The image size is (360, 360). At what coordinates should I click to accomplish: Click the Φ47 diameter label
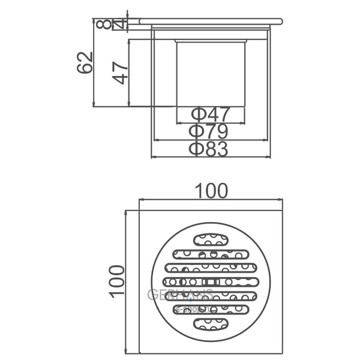210,114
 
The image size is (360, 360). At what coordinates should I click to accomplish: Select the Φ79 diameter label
210,131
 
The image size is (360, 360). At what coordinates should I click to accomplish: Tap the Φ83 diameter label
210,149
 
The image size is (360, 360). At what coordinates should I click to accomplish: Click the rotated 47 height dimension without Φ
121,73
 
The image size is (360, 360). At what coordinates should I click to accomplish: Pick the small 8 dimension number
106,25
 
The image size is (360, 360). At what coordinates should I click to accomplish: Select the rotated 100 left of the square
117,280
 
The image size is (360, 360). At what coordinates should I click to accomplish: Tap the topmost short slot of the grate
211,239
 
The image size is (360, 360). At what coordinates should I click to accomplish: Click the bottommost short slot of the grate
211,325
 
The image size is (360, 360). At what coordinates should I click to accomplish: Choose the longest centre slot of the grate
211,281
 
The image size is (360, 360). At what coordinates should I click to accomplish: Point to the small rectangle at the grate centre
211,281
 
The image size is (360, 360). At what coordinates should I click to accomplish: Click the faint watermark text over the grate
180,295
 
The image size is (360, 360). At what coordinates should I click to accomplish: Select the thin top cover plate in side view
210,22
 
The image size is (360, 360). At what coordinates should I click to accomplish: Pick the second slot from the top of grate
211,253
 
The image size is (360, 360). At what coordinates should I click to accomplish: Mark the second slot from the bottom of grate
211,310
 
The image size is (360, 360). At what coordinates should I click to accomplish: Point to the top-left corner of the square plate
140,211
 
